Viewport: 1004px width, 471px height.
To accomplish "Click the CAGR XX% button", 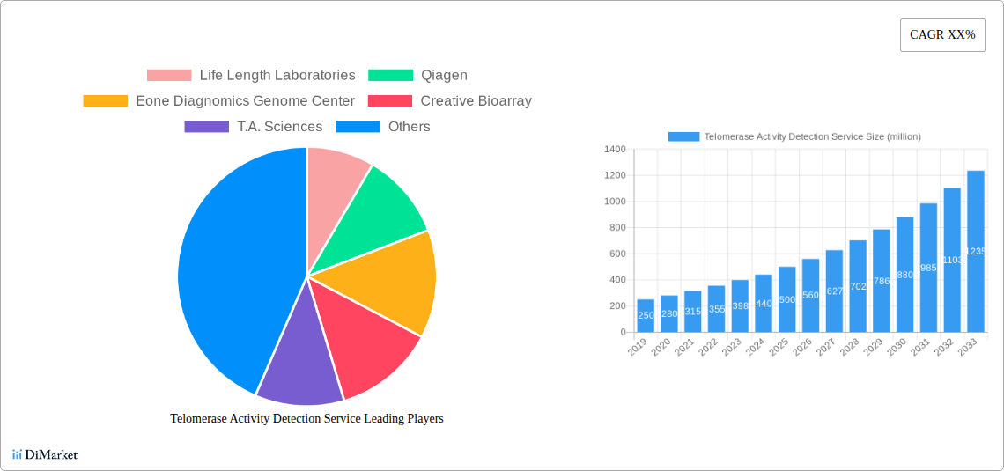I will (942, 35).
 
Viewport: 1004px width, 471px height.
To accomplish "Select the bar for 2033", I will (976, 255).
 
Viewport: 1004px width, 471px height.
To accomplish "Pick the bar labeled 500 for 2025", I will (786, 299).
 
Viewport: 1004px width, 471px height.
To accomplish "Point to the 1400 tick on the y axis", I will (615, 150).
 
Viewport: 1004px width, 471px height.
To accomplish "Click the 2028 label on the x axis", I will (850, 348).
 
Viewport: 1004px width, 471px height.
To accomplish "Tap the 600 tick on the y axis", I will (616, 254).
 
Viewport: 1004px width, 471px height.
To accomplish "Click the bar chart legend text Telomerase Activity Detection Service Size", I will (812, 136).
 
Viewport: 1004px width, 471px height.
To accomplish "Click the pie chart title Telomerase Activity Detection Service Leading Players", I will (306, 419).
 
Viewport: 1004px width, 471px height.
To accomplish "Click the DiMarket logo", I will (45, 454).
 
